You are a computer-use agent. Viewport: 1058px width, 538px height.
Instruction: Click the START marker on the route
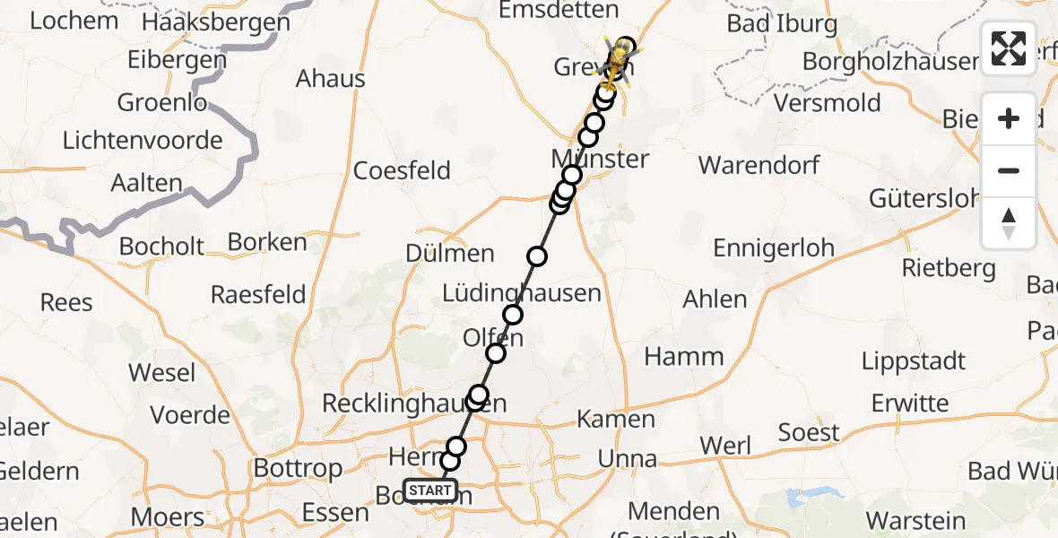click(430, 490)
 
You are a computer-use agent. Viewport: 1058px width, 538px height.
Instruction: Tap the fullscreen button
click(1009, 48)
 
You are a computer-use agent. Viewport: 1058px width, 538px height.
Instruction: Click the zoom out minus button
click(1009, 170)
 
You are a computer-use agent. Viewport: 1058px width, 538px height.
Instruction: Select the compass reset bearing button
click(1009, 222)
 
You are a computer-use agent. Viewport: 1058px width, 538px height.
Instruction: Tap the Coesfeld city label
click(402, 170)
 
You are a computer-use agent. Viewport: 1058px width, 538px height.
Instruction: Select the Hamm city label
click(684, 356)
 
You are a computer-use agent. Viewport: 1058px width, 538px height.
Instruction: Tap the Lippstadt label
click(914, 361)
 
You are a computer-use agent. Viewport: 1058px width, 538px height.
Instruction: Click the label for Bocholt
click(162, 246)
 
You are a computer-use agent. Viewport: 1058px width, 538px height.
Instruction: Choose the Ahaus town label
click(331, 79)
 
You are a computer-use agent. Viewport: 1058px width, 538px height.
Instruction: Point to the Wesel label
click(162, 372)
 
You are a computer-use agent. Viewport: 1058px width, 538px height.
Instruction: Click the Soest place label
click(809, 433)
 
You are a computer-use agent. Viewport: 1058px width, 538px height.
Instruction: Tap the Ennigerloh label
click(774, 247)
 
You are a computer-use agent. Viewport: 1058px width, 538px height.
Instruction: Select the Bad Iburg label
click(782, 24)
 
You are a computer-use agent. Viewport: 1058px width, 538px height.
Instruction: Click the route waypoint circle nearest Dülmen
click(537, 257)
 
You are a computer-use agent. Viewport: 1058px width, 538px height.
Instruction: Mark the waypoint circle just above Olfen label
click(513, 315)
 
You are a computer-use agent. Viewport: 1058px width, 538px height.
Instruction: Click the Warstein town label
click(915, 520)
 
